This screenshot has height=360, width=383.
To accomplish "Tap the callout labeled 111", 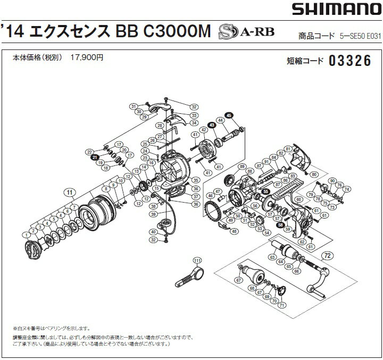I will [198, 260].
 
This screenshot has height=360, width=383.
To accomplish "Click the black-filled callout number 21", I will [94, 158].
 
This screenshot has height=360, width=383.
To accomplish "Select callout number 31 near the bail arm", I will [134, 106].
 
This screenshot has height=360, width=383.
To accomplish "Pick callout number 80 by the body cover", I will [314, 174].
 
